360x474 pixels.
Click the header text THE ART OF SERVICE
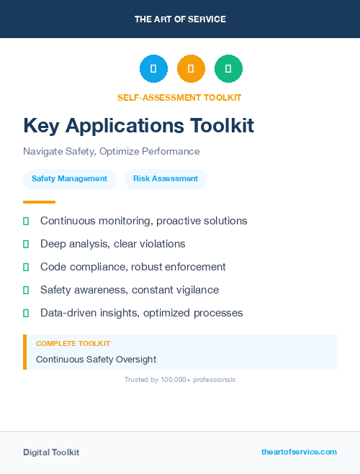click(x=180, y=19)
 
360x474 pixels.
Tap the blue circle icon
click(x=153, y=69)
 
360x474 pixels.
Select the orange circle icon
click(x=191, y=69)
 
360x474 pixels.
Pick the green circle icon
click(x=229, y=69)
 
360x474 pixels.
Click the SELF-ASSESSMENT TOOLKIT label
click(x=179, y=98)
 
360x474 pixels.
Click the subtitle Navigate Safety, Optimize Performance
click(x=111, y=152)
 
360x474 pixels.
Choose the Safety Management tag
click(x=69, y=179)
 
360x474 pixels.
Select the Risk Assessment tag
click(x=166, y=179)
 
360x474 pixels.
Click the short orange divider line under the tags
click(x=39, y=202)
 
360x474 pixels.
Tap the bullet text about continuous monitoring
click(x=143, y=221)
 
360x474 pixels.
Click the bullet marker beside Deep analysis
click(x=26, y=245)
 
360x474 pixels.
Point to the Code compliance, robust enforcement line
click(x=132, y=267)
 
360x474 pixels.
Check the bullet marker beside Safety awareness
click(x=26, y=291)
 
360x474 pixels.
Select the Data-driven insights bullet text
click(x=141, y=313)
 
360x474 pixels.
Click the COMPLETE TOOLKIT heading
click(x=73, y=344)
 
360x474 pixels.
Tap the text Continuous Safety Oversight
click(x=96, y=360)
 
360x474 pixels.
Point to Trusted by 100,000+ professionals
click(x=180, y=380)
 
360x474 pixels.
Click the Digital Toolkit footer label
click(x=51, y=452)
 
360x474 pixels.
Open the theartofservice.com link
click(x=299, y=452)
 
